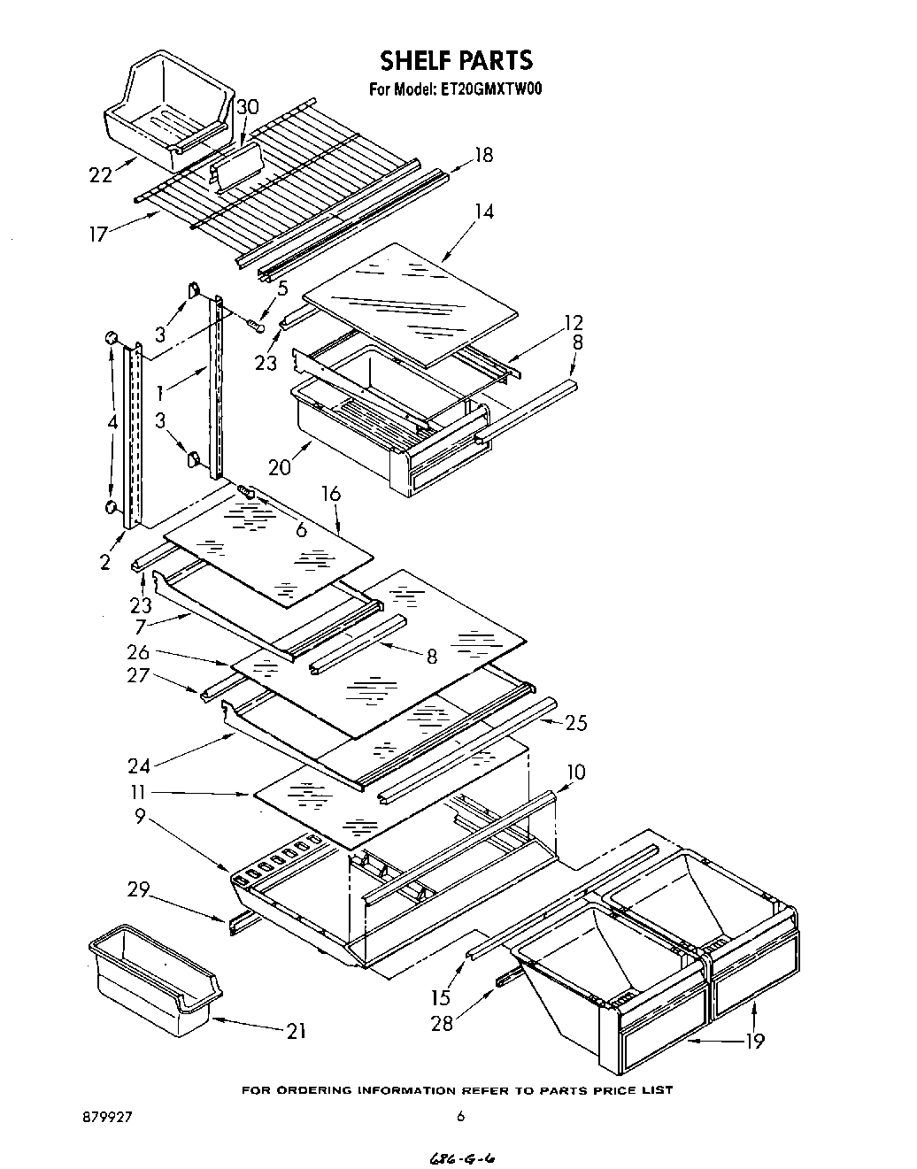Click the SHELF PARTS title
pyautogui.click(x=456, y=60)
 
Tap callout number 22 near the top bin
pyautogui.click(x=100, y=174)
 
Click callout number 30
pyautogui.click(x=247, y=107)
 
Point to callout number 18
pyautogui.click(x=482, y=155)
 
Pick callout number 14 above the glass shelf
pyautogui.click(x=482, y=211)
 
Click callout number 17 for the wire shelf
pyautogui.click(x=97, y=234)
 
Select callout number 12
pyautogui.click(x=573, y=323)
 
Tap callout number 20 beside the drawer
pyautogui.click(x=280, y=467)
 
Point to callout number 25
pyautogui.click(x=575, y=723)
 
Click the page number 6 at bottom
pyautogui.click(x=459, y=1117)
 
